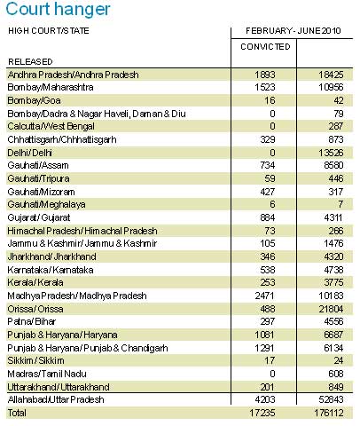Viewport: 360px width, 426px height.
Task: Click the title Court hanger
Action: point(58,9)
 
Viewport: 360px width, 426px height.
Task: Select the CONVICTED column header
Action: point(265,47)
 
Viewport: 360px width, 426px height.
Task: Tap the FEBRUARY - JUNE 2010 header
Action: point(293,31)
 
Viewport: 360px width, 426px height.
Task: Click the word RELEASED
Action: point(30,62)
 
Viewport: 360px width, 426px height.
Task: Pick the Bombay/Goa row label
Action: point(34,100)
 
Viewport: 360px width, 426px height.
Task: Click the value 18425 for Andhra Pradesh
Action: point(331,75)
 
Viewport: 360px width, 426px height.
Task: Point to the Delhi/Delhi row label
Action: point(30,153)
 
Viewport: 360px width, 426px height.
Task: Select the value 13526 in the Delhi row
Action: point(331,153)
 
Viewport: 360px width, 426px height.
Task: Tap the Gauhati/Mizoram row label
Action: point(41,192)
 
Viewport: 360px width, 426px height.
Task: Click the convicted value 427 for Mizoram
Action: point(268,192)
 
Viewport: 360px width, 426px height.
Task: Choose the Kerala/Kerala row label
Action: point(35,282)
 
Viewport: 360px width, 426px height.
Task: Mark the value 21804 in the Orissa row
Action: point(331,309)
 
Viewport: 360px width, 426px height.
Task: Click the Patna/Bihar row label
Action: point(32,321)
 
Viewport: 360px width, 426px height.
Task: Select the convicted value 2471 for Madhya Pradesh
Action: point(265,296)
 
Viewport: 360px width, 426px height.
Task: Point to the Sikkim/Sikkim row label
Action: point(35,360)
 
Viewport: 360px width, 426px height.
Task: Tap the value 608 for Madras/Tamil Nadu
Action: point(336,374)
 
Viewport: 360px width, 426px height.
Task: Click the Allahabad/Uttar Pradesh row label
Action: point(56,399)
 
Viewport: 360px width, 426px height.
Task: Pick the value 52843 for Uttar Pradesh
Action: point(331,399)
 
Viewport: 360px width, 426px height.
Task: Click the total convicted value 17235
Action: point(262,413)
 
